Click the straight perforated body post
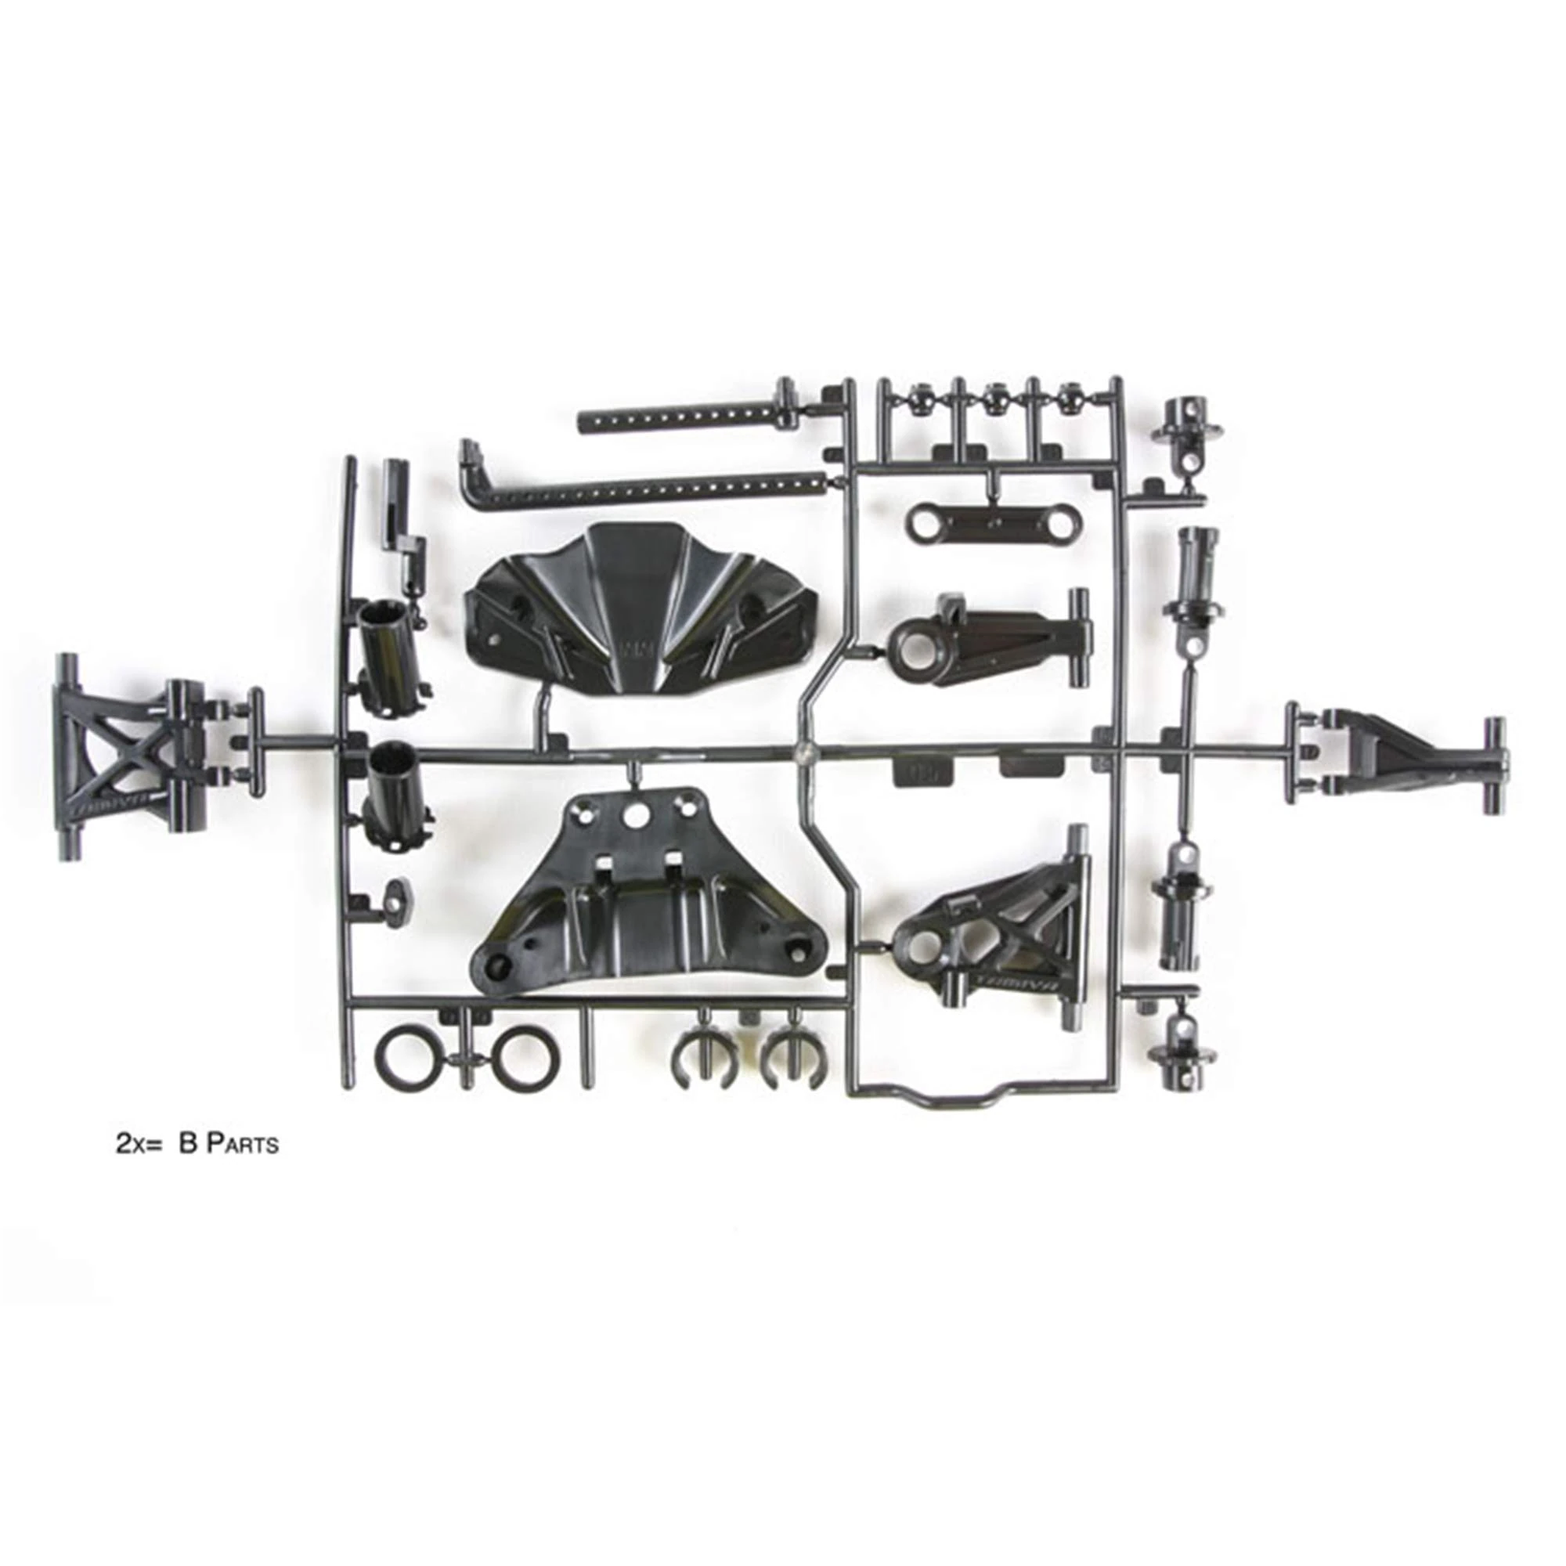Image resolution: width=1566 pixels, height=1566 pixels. point(681,420)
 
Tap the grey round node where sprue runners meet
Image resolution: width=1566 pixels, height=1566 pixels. point(803,750)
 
